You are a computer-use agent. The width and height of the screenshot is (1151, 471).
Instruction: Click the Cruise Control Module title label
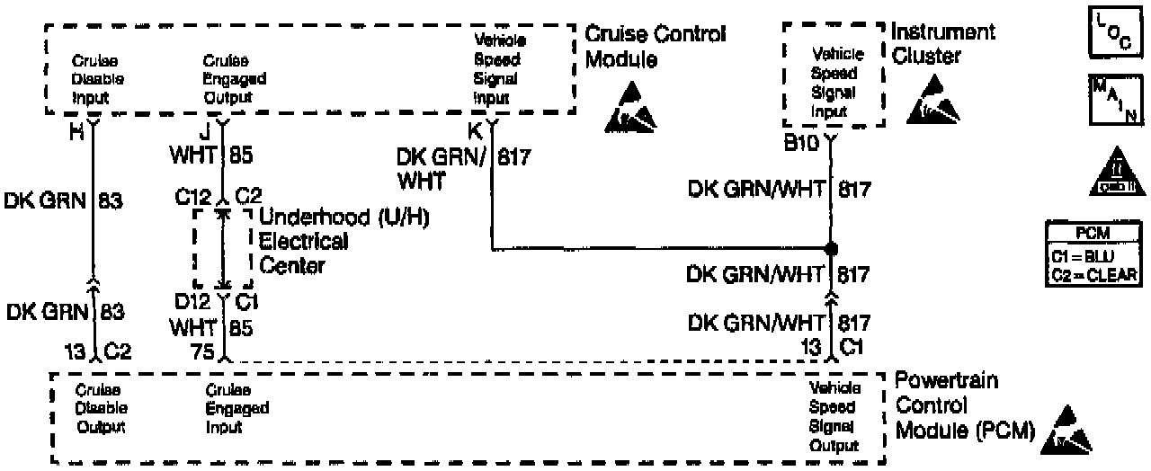(655, 47)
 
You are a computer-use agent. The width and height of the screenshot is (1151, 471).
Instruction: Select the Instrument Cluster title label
(942, 44)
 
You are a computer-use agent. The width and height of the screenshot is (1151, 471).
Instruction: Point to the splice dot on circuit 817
(831, 247)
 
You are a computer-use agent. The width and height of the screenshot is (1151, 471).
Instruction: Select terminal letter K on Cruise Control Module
(476, 129)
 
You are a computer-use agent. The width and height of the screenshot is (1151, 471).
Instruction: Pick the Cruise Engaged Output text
(234, 79)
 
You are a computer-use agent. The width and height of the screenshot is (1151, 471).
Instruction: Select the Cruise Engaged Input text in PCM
(236, 408)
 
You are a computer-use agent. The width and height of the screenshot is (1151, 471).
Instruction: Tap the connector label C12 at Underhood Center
(193, 196)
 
